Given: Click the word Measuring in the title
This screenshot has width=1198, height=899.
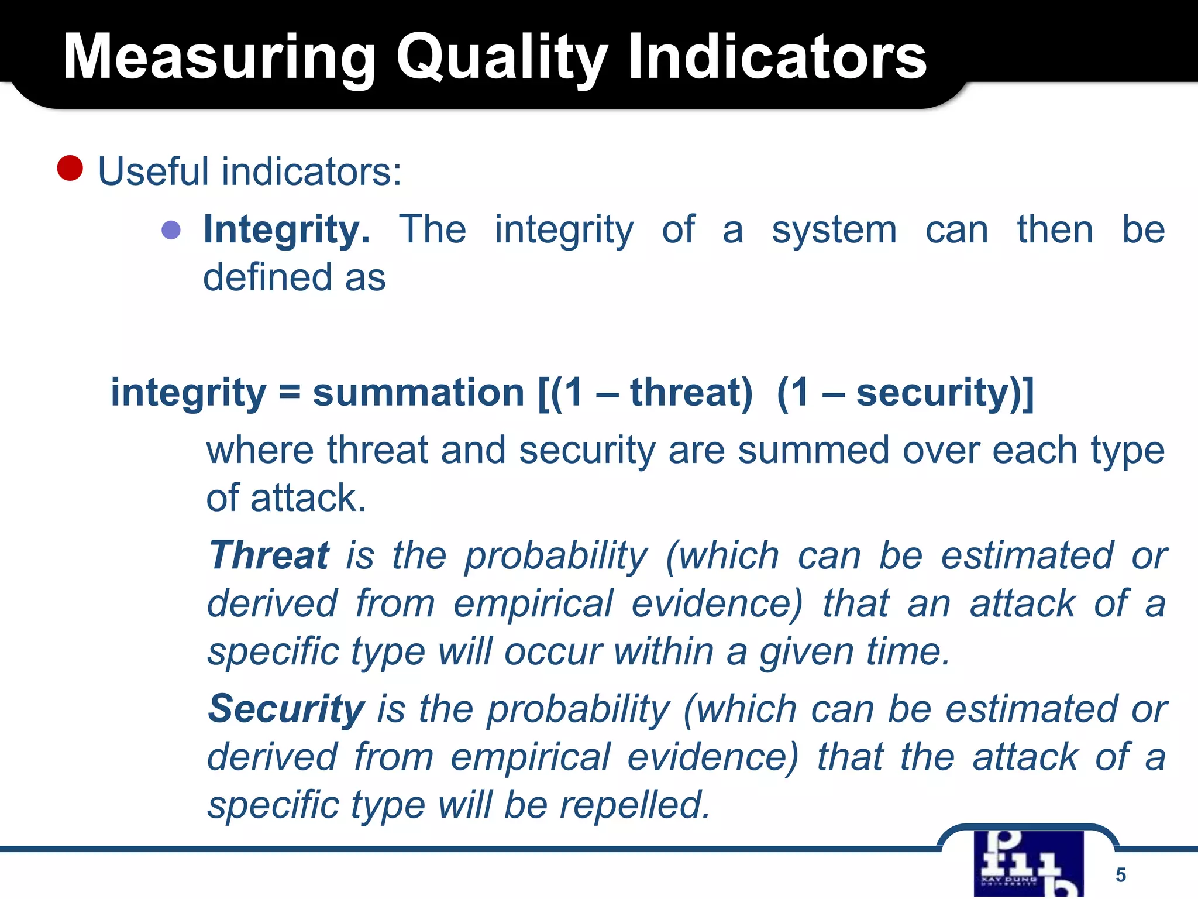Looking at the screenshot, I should tap(219, 57).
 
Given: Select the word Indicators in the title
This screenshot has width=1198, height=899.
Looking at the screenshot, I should tap(777, 57).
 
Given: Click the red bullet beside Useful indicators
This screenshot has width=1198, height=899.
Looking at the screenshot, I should tap(70, 169).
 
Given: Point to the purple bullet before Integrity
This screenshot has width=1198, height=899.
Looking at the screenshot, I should tap(171, 230).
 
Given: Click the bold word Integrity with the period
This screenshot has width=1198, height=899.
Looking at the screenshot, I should tap(287, 230).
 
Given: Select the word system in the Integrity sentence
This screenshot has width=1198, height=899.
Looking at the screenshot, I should tap(834, 230).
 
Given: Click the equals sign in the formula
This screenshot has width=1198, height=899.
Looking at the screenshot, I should tap(290, 392).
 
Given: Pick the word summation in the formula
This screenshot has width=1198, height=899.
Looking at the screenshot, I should tap(418, 392).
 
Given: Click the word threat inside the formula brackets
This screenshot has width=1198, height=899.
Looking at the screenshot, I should tap(690, 392).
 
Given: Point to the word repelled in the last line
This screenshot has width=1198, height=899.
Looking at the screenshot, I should tap(635, 805).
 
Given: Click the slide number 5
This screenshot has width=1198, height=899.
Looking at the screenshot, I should tap(1120, 874).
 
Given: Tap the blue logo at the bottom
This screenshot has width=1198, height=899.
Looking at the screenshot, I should tap(1028, 864).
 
